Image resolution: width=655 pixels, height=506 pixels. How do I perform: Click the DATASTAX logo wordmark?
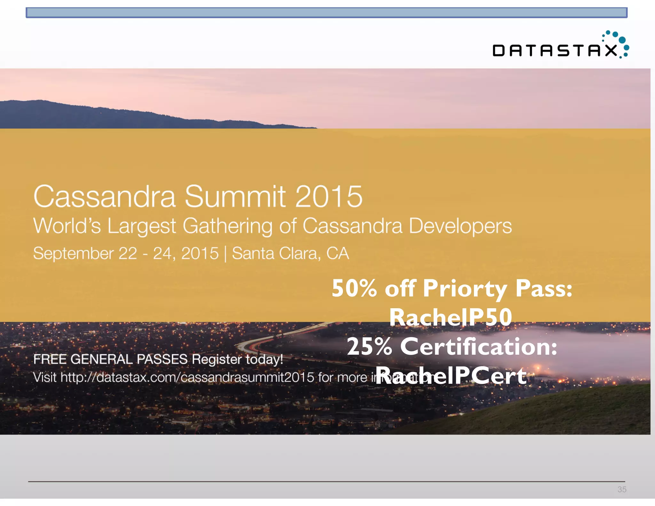coord(555,51)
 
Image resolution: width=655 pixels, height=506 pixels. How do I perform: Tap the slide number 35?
coord(622,489)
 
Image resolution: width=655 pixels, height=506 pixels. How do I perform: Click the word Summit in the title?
coord(235,196)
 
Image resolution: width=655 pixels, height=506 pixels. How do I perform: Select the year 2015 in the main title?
coord(329,196)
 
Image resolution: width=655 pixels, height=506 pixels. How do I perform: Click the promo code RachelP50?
coord(451,317)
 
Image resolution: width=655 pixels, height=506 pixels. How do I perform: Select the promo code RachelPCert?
coord(451,376)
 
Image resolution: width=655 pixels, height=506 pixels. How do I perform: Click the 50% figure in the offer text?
coord(354,288)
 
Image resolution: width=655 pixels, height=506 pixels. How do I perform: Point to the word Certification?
coord(479,347)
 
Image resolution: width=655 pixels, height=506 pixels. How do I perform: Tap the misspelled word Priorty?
coord(465,289)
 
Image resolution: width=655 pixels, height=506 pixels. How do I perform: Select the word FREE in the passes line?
coord(50,359)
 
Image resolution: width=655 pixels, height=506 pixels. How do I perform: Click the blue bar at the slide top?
coord(326,13)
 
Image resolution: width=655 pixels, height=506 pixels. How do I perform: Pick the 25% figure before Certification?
coord(369,347)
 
